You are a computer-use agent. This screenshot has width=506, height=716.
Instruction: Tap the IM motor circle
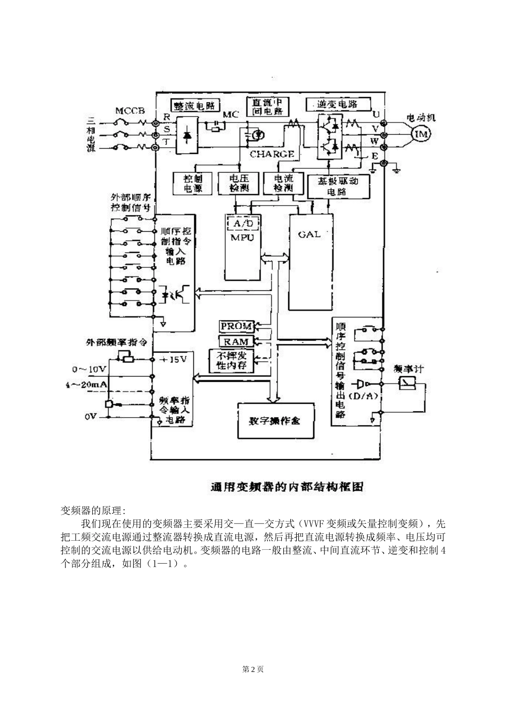tap(421, 134)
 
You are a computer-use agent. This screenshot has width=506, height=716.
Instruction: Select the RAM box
tap(236, 341)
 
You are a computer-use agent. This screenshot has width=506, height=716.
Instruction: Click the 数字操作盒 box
tap(275, 420)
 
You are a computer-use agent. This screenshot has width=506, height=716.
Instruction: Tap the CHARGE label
tap(272, 154)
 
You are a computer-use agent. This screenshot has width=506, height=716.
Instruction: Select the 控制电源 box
tap(192, 184)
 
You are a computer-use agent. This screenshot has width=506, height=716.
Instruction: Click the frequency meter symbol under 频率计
tap(407, 383)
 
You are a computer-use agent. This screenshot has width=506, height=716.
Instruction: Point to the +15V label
tap(174, 359)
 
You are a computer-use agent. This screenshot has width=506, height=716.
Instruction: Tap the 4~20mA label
tap(87, 384)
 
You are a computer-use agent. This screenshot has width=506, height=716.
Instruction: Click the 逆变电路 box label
tap(337, 104)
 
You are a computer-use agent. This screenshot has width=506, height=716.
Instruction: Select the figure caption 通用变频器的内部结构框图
tap(287, 486)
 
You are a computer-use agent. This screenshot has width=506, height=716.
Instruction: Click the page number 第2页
tap(253, 669)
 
